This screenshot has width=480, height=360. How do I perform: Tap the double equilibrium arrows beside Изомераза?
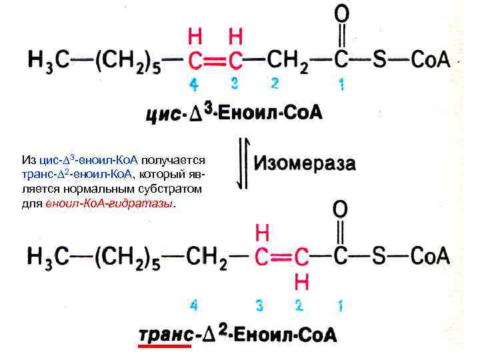[x=245, y=164]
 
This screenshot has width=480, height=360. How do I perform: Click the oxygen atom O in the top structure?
[x=341, y=13]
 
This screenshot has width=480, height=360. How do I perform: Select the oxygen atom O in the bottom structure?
[x=340, y=209]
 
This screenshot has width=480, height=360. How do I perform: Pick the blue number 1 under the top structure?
[x=341, y=85]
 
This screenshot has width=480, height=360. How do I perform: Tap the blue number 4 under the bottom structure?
[x=194, y=305]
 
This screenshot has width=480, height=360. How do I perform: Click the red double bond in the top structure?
[x=215, y=61]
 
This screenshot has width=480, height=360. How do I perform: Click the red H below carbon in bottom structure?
[x=301, y=282]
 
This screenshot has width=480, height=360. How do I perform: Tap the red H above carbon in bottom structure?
[x=262, y=233]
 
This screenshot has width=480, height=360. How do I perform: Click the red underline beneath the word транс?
[x=164, y=347]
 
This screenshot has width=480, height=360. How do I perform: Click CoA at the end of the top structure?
[x=430, y=60]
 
